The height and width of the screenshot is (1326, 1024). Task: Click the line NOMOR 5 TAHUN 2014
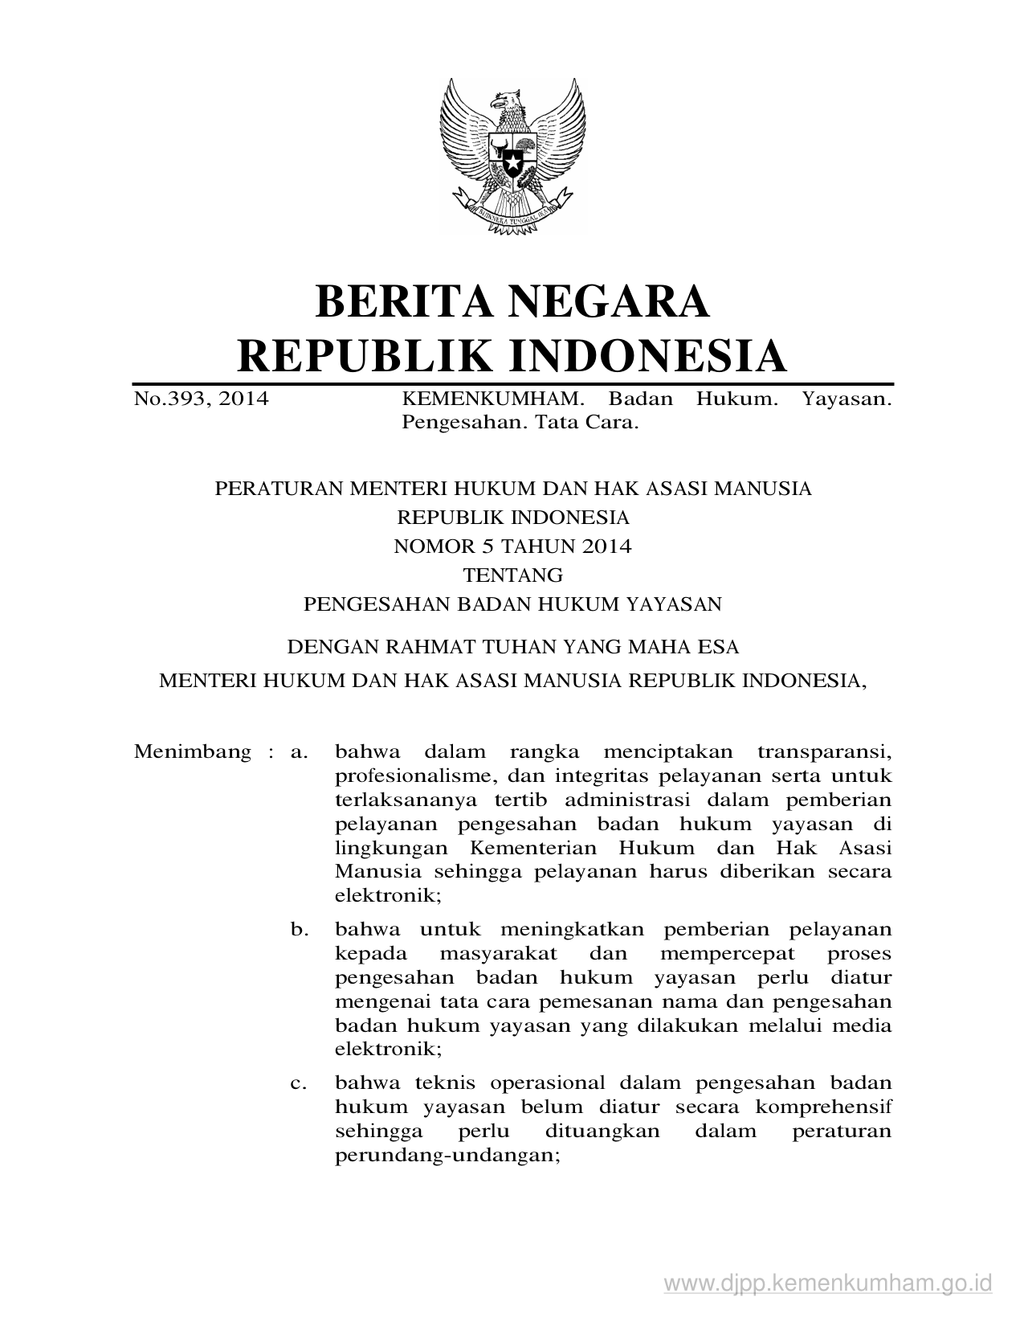(512, 546)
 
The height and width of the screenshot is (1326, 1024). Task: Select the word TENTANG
(512, 575)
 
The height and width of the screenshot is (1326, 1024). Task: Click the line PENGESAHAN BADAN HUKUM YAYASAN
(512, 604)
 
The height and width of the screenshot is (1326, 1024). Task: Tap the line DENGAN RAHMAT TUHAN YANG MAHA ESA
(512, 647)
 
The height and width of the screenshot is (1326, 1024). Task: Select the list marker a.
(300, 752)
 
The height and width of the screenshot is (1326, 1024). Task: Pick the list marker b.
(300, 930)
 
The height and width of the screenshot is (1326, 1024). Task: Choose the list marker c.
(300, 1083)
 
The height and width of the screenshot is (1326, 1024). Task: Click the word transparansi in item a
(824, 752)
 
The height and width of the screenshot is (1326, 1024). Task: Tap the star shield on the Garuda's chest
(512, 161)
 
